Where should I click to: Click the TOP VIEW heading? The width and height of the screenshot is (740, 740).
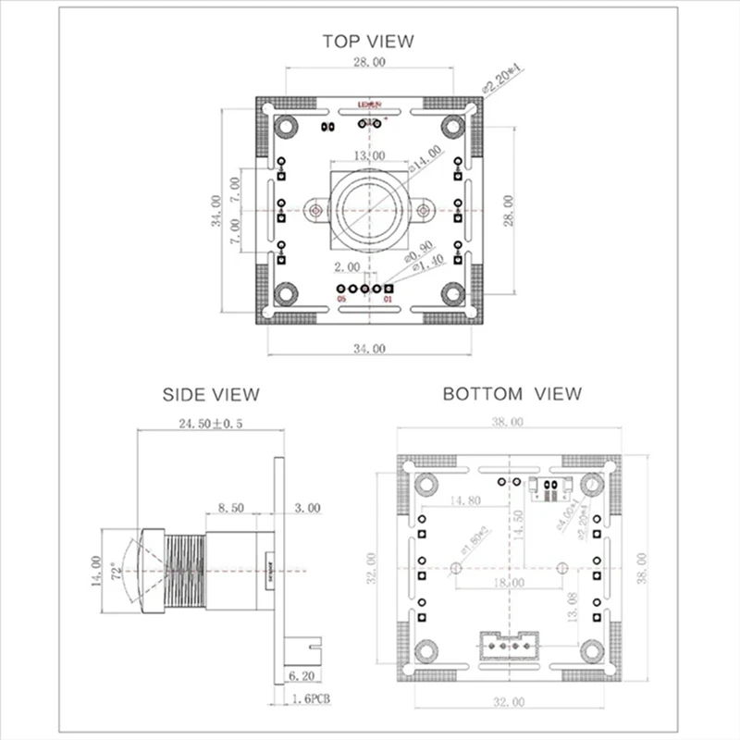(x=367, y=41)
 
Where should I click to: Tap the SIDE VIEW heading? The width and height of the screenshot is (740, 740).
(x=211, y=394)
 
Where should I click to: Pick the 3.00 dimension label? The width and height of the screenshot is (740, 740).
(x=307, y=508)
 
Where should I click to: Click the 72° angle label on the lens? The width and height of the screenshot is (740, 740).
(x=114, y=572)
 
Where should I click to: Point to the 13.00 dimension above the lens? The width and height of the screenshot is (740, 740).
(x=369, y=156)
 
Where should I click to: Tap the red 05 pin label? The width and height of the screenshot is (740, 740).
(x=341, y=300)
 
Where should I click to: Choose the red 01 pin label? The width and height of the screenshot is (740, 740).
(x=388, y=300)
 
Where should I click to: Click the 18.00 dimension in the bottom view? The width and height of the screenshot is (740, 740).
(x=509, y=583)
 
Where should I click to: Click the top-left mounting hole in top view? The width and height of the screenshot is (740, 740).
(x=286, y=125)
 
